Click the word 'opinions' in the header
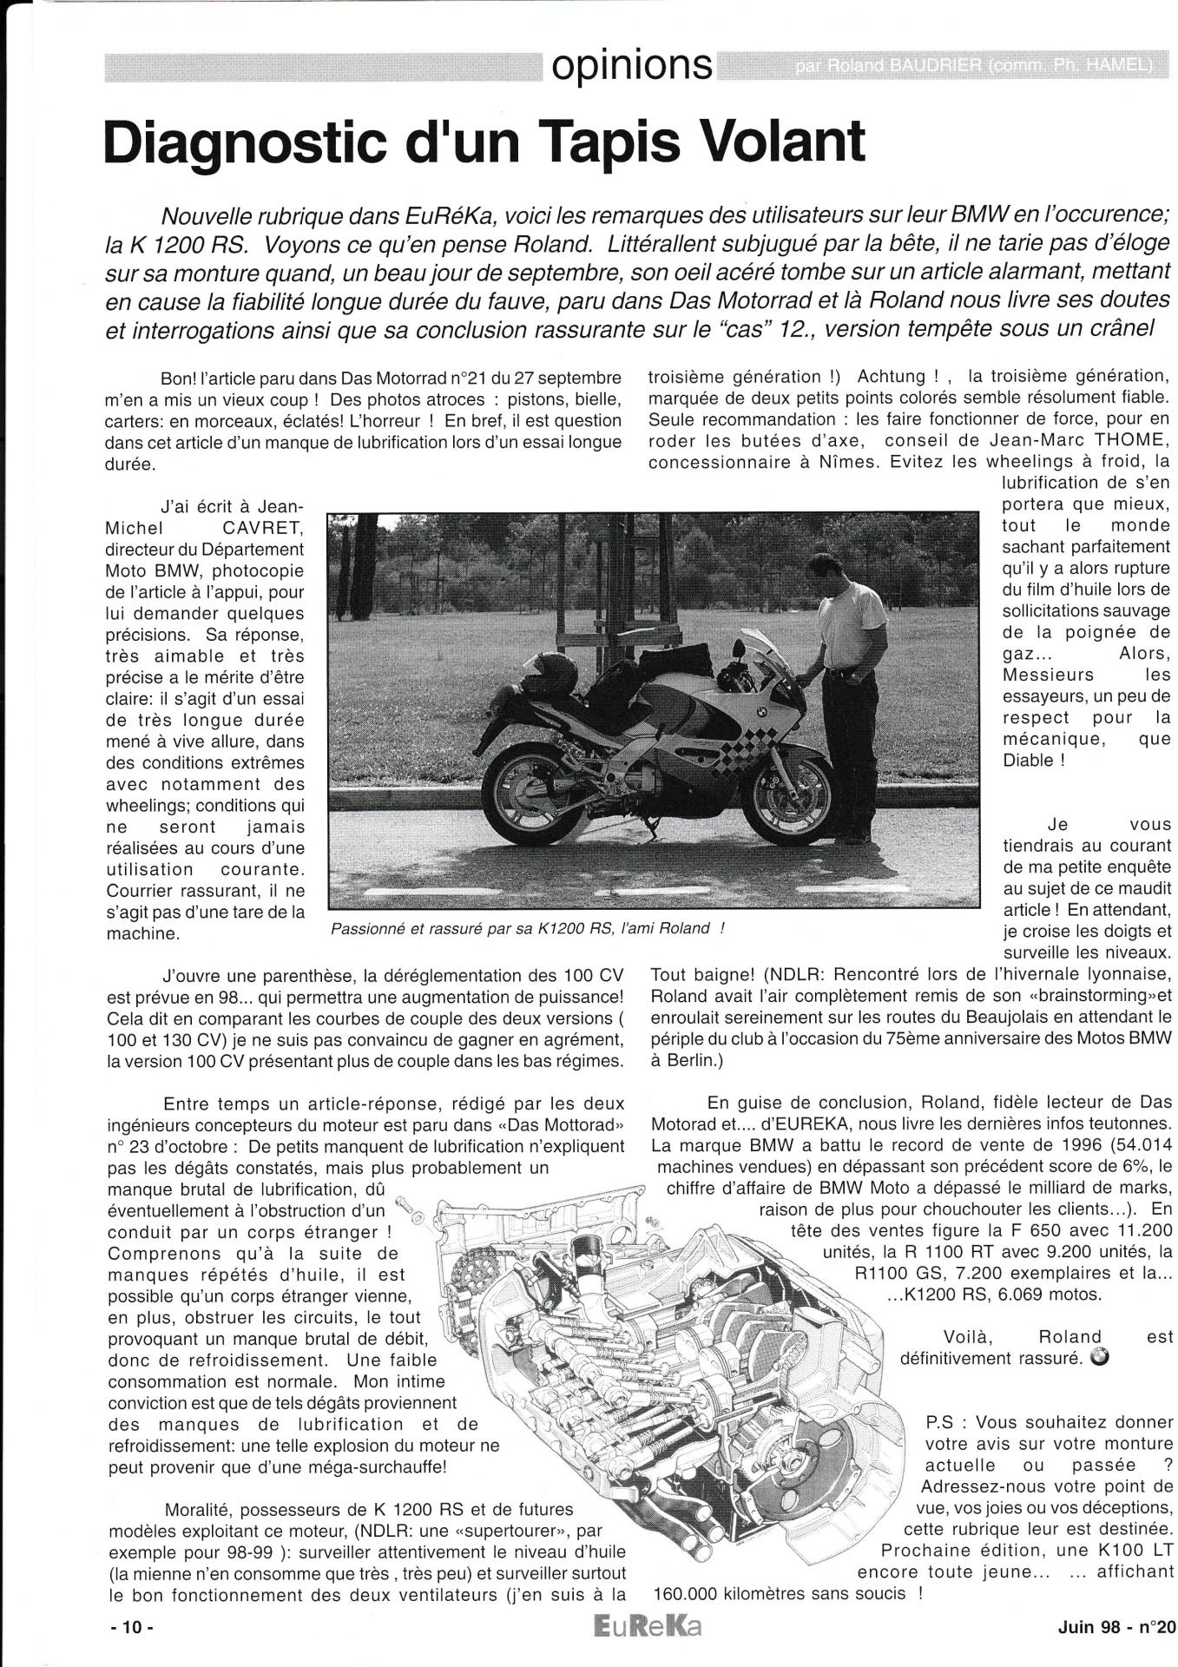click(x=628, y=65)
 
